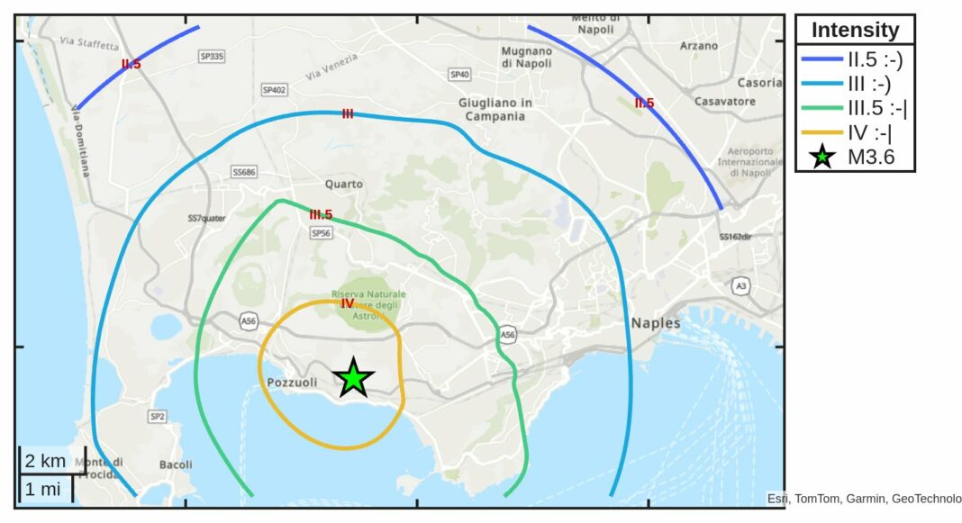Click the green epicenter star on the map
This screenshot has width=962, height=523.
354,379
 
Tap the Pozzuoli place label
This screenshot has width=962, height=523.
293,383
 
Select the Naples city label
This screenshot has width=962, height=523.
656,323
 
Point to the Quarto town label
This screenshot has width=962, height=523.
344,185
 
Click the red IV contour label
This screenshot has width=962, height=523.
348,303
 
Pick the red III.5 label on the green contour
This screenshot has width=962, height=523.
321,215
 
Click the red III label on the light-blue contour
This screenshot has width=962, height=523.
348,113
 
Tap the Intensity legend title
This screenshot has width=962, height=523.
855,30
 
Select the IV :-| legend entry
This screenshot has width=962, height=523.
855,132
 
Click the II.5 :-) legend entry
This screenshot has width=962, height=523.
855,61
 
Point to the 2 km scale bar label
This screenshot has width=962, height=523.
45,462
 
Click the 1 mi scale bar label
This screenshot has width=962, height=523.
42,490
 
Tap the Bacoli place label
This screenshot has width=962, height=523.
176,464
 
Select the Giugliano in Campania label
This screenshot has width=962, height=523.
495,109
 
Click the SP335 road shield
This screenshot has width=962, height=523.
212,57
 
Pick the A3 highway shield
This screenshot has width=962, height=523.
741,285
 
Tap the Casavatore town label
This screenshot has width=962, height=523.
725,102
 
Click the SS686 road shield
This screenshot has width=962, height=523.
244,171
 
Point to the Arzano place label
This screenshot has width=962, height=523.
700,45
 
